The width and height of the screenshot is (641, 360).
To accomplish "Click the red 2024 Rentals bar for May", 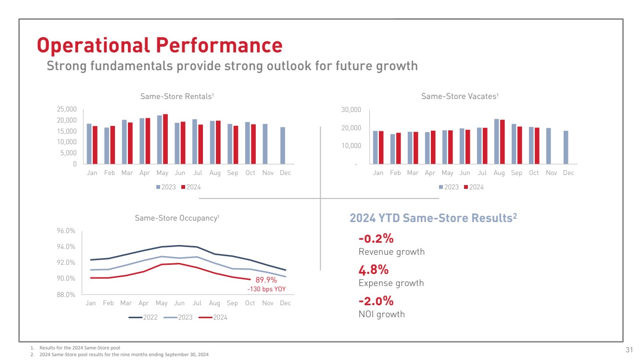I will pyautogui.click(x=165, y=139).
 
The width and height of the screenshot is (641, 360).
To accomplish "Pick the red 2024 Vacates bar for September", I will pyautogui.click(x=519, y=145).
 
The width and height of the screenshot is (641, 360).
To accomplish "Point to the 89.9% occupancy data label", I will pyautogui.click(x=266, y=280).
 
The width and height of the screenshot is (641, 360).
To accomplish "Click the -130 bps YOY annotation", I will pyautogui.click(x=266, y=289).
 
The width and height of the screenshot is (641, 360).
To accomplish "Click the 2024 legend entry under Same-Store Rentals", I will pyautogui.click(x=190, y=187).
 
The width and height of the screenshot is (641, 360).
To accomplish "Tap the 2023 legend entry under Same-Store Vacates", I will pyautogui.click(x=448, y=187).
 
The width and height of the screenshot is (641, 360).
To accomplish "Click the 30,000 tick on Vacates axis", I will pyautogui.click(x=352, y=110).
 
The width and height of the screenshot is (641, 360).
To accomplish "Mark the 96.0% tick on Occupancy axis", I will pyautogui.click(x=66, y=231).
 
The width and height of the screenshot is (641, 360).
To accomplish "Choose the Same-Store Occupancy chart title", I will pyautogui.click(x=177, y=218).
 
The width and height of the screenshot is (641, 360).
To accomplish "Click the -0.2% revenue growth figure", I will pyautogui.click(x=376, y=238).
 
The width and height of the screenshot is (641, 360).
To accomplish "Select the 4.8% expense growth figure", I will pyautogui.click(x=374, y=270).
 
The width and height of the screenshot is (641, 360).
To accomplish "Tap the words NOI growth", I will pyautogui.click(x=382, y=314).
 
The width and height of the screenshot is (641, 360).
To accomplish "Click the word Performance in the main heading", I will pyautogui.click(x=219, y=45).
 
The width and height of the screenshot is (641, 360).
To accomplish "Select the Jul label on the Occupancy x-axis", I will pyautogui.click(x=197, y=303).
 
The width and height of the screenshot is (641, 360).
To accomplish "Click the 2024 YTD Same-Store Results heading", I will pyautogui.click(x=433, y=218).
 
